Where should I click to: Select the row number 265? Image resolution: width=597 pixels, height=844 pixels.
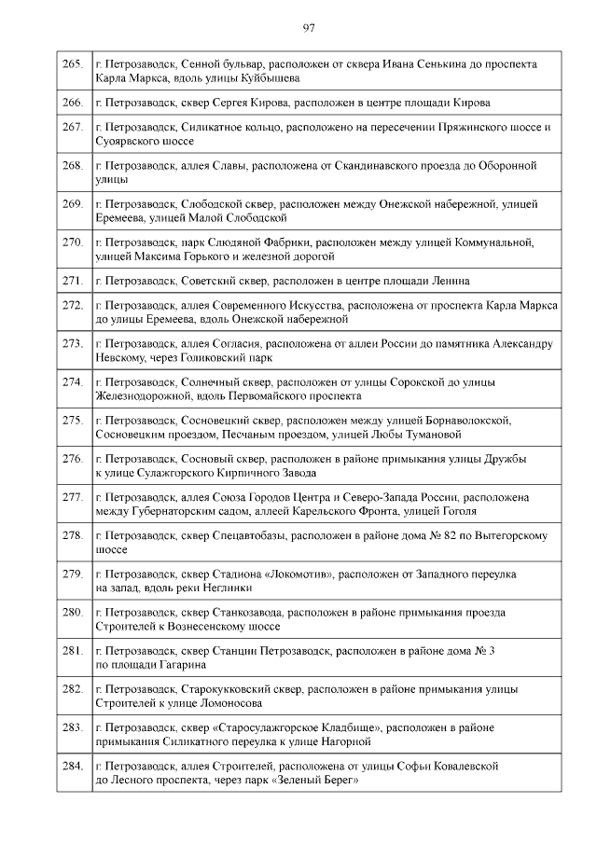click(73, 64)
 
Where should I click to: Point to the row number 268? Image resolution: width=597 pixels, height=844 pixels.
click(73, 166)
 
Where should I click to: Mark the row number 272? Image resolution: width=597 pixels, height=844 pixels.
click(73, 305)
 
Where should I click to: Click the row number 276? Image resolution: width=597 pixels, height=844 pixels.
click(73, 459)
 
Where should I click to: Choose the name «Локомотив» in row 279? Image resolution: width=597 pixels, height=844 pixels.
click(297, 574)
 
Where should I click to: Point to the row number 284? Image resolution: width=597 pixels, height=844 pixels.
click(73, 767)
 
